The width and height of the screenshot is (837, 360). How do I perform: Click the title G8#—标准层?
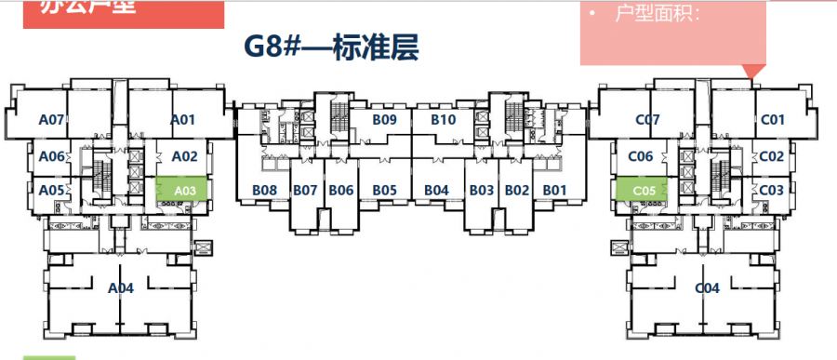331,48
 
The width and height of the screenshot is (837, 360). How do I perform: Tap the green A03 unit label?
184,191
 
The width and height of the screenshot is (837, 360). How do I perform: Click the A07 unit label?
51,119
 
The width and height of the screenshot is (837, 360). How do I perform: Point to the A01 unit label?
182,119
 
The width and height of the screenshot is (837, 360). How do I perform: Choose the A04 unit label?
121,287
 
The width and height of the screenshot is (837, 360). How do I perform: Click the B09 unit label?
385,119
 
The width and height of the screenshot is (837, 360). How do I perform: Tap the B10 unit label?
443,119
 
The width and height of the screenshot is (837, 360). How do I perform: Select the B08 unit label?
265,191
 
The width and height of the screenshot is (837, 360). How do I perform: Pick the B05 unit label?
385,191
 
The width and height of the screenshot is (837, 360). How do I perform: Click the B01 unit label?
555,191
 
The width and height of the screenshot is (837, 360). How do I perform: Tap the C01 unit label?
773,119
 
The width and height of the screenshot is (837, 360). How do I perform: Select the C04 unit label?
708,288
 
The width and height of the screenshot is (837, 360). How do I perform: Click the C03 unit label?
772,190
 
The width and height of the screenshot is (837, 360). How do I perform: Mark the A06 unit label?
51,156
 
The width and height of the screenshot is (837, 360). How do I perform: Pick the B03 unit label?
481,191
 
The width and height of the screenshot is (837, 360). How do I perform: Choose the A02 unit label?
185,156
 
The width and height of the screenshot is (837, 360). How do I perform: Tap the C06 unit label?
641,156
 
